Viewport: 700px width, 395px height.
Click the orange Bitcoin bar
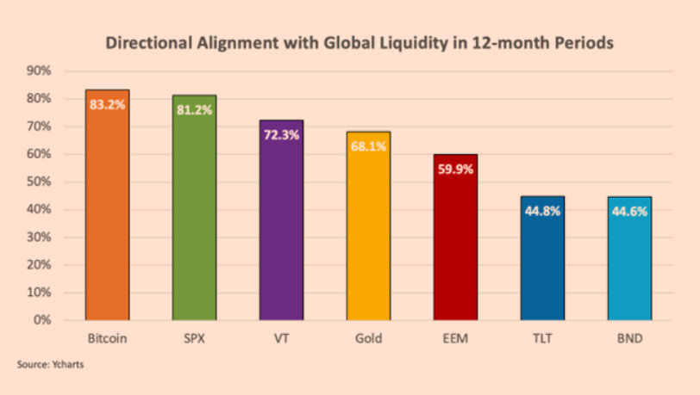pyautogui.click(x=107, y=215)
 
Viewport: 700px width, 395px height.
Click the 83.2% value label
pyautogui.click(x=107, y=105)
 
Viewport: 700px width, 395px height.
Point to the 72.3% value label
pyautogui.click(x=281, y=135)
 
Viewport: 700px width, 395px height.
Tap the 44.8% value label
pyautogui.click(x=542, y=211)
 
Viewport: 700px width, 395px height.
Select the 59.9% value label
pyautogui.click(x=455, y=170)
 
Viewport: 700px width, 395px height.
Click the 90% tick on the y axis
pyautogui.click(x=40, y=71)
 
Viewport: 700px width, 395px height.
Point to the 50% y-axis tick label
pyautogui.click(x=40, y=182)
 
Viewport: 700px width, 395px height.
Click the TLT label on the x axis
pyautogui.click(x=542, y=338)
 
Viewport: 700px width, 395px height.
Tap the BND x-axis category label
pyautogui.click(x=629, y=338)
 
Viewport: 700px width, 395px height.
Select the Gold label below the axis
pyautogui.click(x=368, y=338)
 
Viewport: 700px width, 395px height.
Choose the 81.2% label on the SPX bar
pyautogui.click(x=194, y=110)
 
